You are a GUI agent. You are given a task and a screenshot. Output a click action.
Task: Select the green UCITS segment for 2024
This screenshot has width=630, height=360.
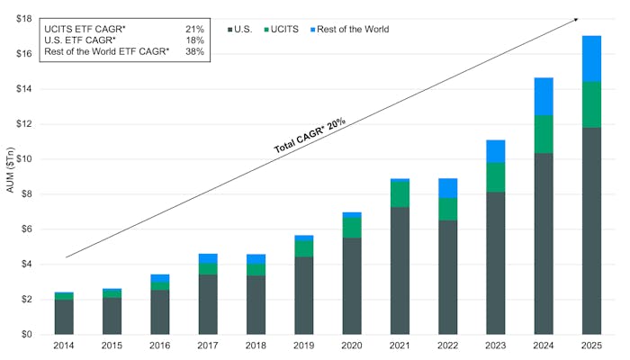coord(544,134)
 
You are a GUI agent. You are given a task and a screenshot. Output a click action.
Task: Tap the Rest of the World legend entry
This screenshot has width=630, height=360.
coord(349,29)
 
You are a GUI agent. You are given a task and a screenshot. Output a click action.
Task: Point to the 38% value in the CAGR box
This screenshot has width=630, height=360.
coord(194,51)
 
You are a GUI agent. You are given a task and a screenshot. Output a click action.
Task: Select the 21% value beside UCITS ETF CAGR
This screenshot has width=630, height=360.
coord(194,30)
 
